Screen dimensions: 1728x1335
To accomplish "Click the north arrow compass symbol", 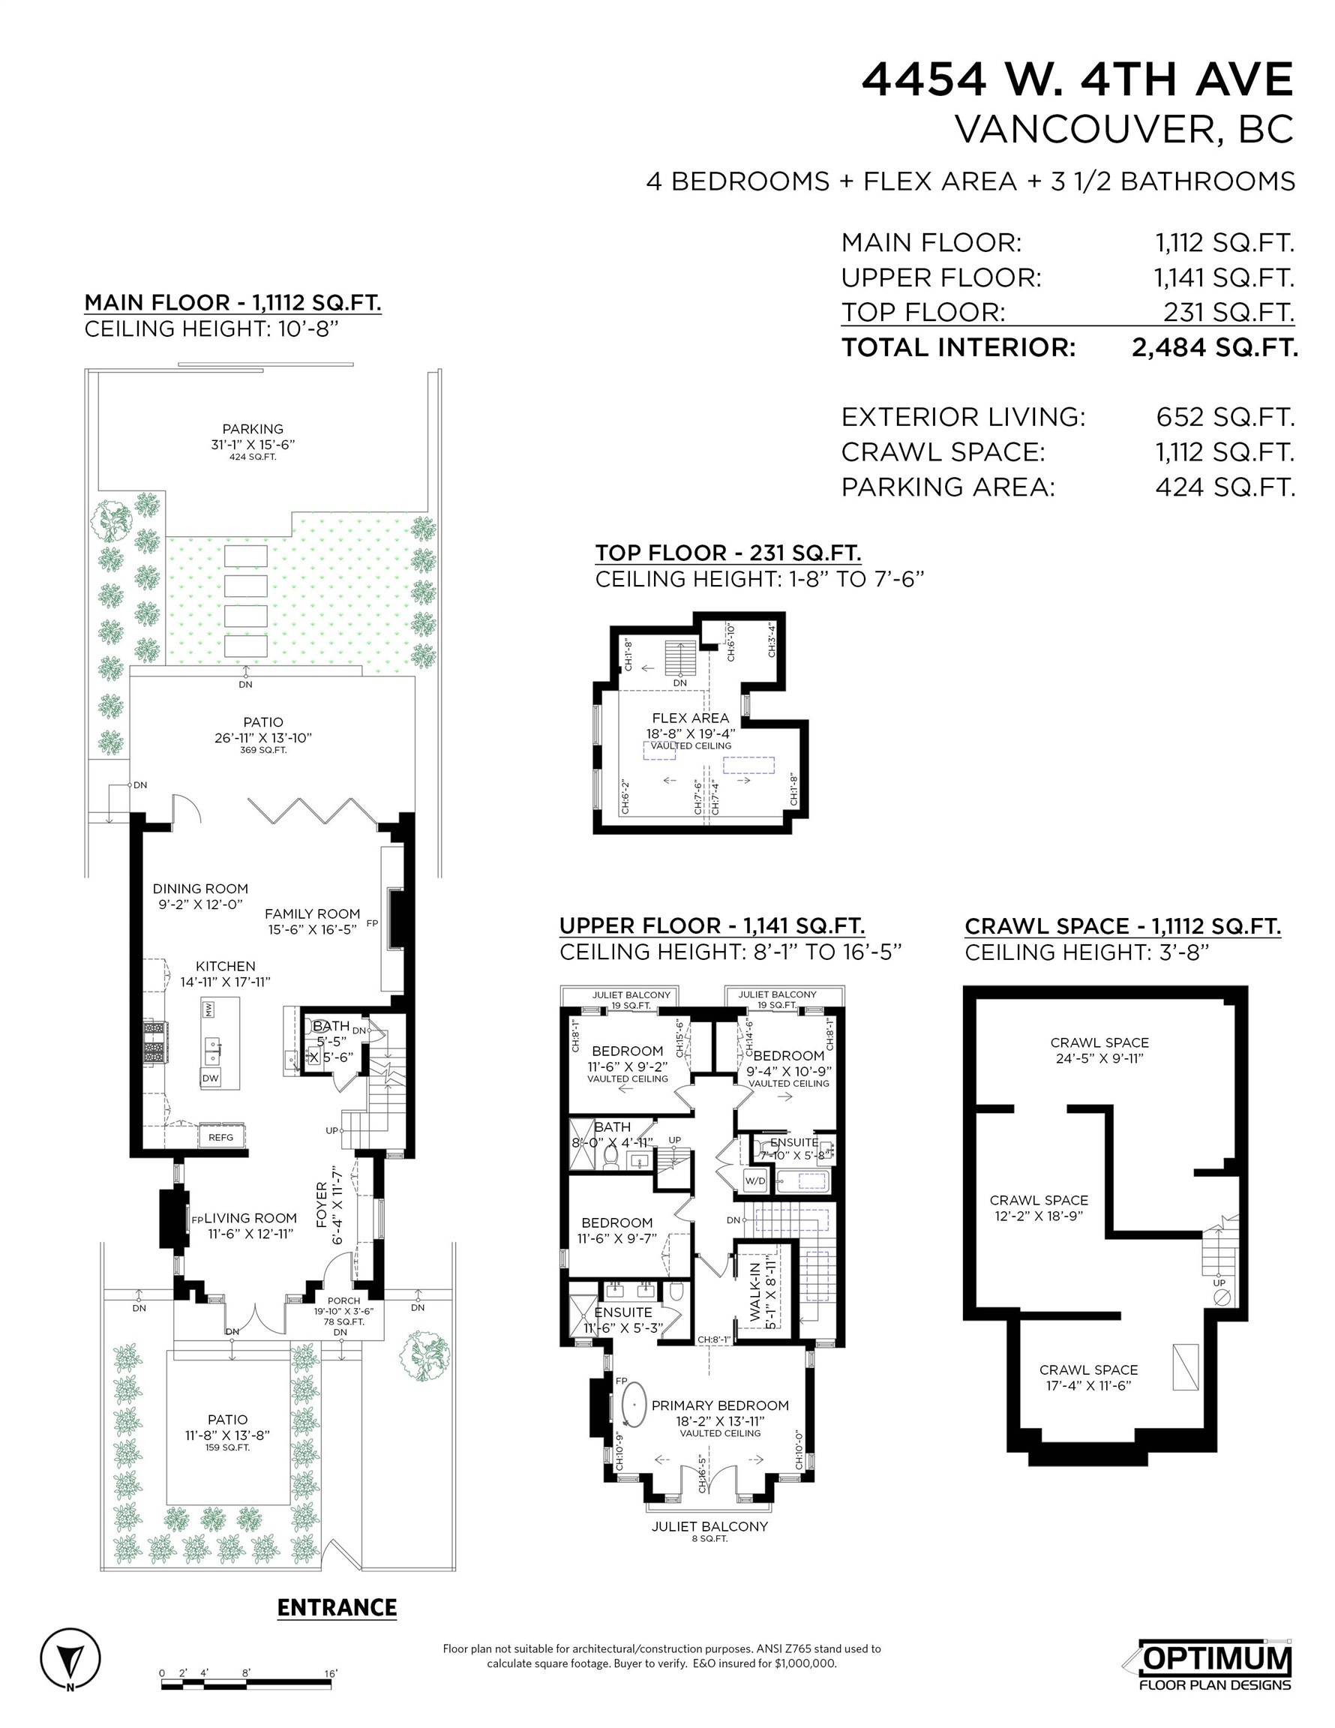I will [x=70, y=1657].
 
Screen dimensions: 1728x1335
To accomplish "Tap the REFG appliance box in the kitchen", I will [x=220, y=1137].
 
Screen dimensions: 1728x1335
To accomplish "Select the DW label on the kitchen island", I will [x=210, y=1078].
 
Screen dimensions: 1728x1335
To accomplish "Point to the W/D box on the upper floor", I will [x=756, y=1181].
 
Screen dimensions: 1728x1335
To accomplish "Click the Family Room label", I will [x=312, y=913].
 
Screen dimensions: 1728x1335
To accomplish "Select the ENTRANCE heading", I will [x=337, y=1608].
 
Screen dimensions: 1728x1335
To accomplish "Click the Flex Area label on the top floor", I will [x=690, y=718].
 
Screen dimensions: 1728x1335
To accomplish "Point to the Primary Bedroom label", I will [x=719, y=1405].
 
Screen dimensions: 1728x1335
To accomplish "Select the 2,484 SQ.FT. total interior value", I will [x=1214, y=347].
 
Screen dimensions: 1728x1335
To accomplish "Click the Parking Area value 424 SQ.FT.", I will [x=1224, y=487].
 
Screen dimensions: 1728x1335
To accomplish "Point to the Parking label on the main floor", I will [x=253, y=429].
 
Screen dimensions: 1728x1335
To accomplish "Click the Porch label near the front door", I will [x=343, y=1300].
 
